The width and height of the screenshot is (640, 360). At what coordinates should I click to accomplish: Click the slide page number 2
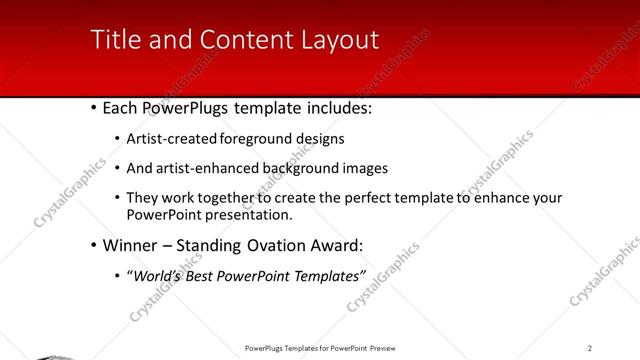[x=590, y=348]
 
